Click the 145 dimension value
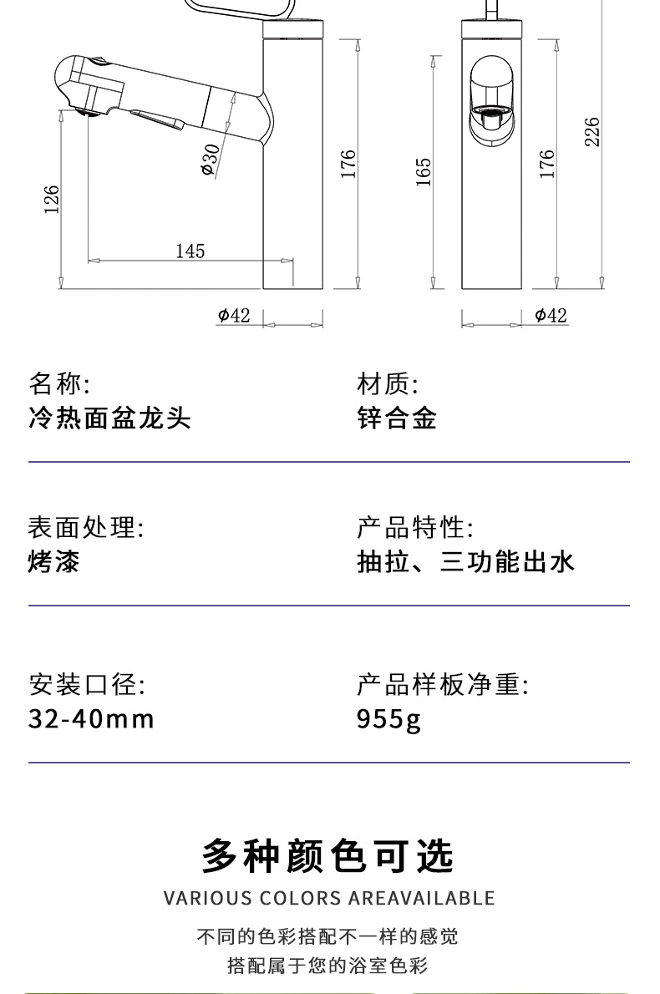point(190,251)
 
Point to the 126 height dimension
point(52,199)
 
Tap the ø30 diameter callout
point(210,159)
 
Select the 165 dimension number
point(424,171)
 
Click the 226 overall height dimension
point(591,132)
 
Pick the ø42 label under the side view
point(234,315)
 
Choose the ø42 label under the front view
point(551,315)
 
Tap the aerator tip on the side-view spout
point(83,110)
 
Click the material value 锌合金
point(397,418)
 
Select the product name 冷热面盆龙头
point(109,418)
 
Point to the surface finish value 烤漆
point(54,561)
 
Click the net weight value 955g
point(388,718)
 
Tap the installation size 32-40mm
point(91,718)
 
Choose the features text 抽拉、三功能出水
point(465,561)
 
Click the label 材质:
point(387,384)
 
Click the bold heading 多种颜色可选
point(328,855)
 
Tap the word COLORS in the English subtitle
point(299,899)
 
